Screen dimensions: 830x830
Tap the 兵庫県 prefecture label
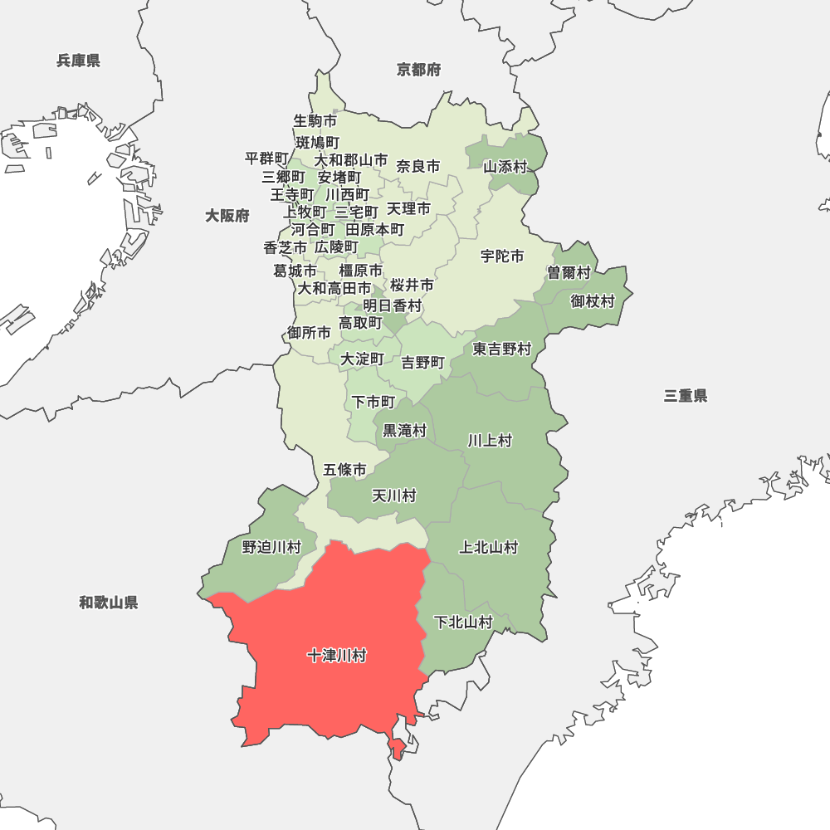tap(79, 61)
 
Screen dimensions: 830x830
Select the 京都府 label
tap(419, 70)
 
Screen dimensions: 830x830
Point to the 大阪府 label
tap(227, 216)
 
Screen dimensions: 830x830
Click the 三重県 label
tap(686, 396)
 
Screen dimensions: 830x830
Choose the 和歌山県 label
tap(109, 603)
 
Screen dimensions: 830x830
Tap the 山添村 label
tap(505, 166)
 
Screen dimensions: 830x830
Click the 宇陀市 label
tap(502, 256)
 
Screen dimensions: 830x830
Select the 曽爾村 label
tap(569, 272)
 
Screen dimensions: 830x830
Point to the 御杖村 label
tap(593, 300)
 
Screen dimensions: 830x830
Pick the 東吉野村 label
tap(502, 349)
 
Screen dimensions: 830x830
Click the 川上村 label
tap(490, 440)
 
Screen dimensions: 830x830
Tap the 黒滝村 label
tap(404, 431)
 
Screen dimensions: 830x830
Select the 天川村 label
tap(393, 496)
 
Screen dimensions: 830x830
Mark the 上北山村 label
tap(489, 547)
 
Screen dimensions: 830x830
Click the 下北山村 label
tap(464, 622)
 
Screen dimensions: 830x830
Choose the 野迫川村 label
tap(271, 547)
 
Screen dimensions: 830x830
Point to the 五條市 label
tap(344, 470)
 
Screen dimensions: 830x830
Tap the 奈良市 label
tap(418, 166)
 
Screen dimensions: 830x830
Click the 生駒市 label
tap(315, 120)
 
